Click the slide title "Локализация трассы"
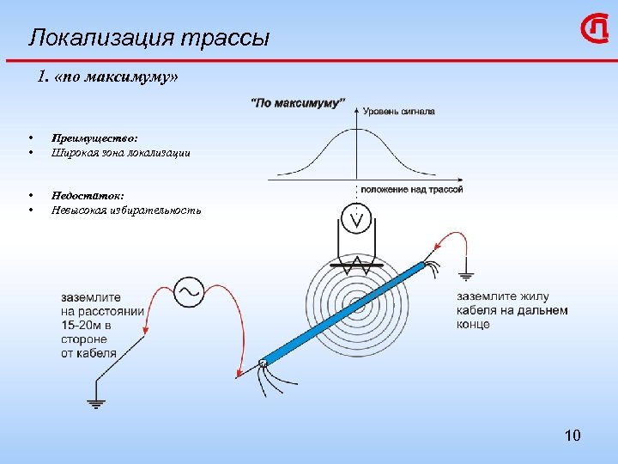pyautogui.click(x=149, y=38)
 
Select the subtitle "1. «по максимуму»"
pyautogui.click(x=109, y=78)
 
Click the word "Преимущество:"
pyautogui.click(x=94, y=137)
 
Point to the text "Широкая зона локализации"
pyautogui.click(x=121, y=152)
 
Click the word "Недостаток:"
pyautogui.click(x=88, y=195)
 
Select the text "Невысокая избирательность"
pyautogui.click(x=126, y=210)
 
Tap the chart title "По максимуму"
pyautogui.click(x=297, y=103)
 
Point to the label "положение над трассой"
pyautogui.click(x=411, y=189)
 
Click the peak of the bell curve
pyautogui.click(x=356, y=130)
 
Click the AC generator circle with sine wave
pyautogui.click(x=189, y=291)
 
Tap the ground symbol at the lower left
pyautogui.click(x=95, y=402)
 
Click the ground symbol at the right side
pyautogui.click(x=466, y=277)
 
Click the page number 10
pyautogui.click(x=573, y=436)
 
